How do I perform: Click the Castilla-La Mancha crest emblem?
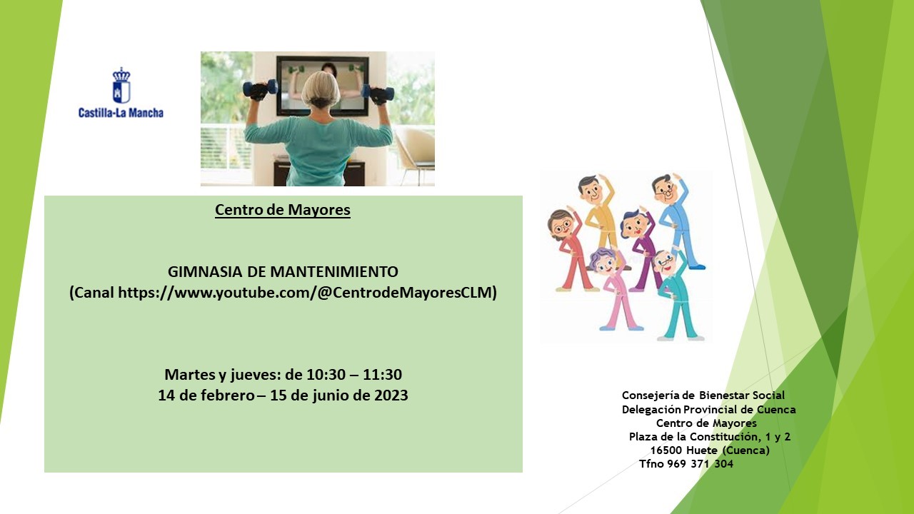coord(121,85)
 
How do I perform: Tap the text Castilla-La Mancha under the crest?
coord(121,113)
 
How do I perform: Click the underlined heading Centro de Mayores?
coord(283,210)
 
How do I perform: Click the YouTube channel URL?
coord(306,293)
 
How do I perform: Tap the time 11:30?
coord(382,375)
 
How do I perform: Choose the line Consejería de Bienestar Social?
coord(703,395)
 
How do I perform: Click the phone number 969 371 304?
coord(700,464)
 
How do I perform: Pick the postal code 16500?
coord(666,450)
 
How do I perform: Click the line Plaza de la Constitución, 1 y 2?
coord(710,437)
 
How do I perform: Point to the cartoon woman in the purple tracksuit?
coord(641,250)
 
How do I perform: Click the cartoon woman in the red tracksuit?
coord(571,250)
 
